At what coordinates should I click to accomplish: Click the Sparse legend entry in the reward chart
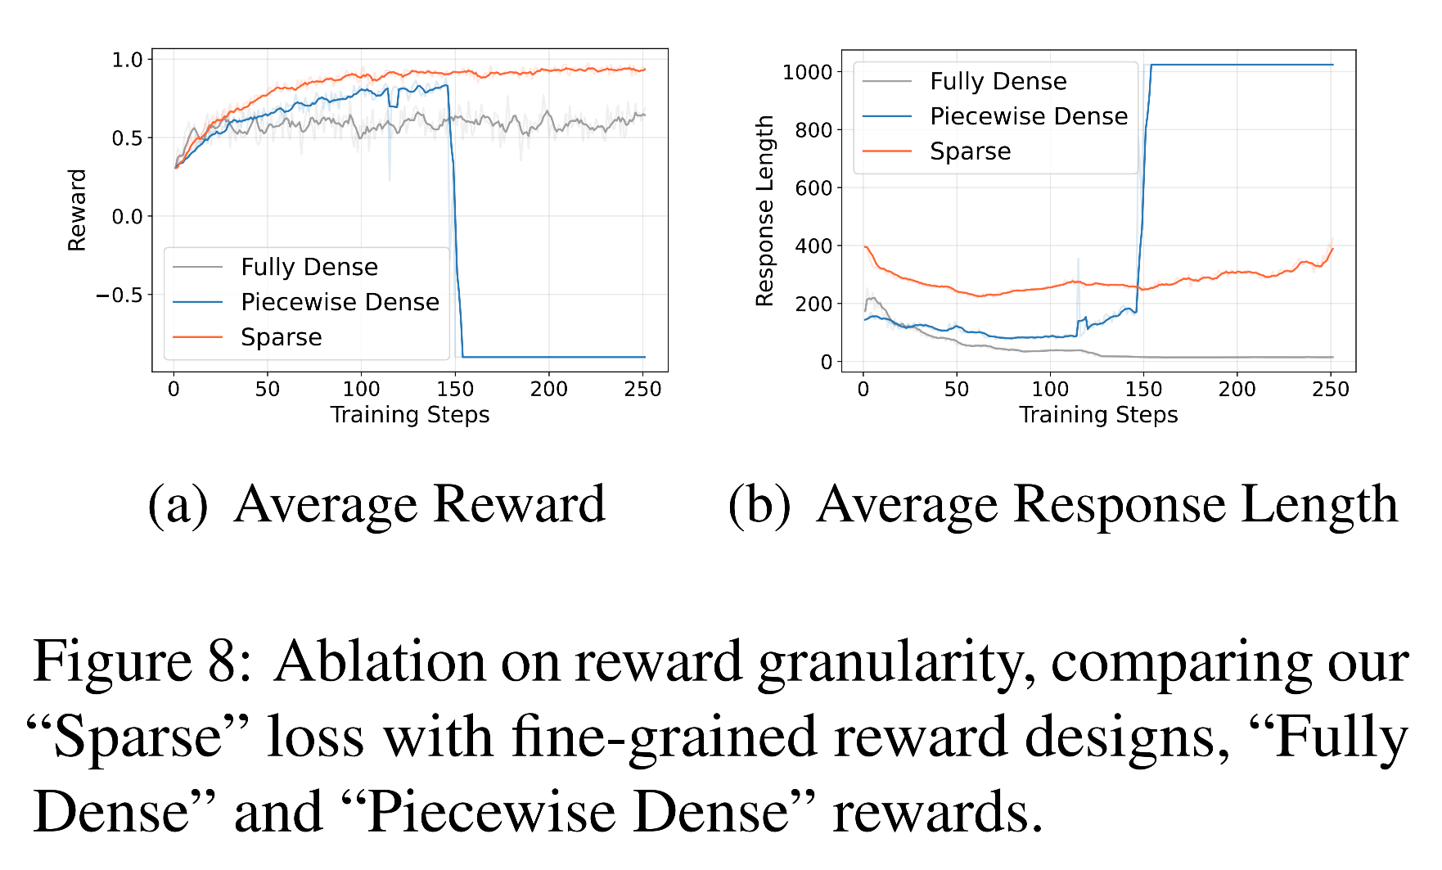tap(281, 337)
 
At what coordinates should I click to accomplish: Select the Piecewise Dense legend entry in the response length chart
tap(1028, 116)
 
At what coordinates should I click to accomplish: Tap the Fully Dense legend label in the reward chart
tap(309, 267)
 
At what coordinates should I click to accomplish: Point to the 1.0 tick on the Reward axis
tap(127, 60)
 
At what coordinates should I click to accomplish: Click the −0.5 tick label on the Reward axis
tap(119, 295)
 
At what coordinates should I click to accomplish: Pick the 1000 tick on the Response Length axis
tap(807, 72)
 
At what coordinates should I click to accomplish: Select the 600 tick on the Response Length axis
tap(813, 188)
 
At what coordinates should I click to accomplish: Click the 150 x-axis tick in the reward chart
tap(455, 389)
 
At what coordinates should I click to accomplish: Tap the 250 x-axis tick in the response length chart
tap(1331, 389)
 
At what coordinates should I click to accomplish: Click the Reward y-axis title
tap(77, 210)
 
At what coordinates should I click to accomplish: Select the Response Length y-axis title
tap(765, 210)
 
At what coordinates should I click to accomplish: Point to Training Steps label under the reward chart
tap(410, 415)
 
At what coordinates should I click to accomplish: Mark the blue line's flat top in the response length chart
tap(1244, 65)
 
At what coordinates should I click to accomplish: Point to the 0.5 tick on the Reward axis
tap(127, 138)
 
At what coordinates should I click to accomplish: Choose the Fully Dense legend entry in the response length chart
tap(998, 81)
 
